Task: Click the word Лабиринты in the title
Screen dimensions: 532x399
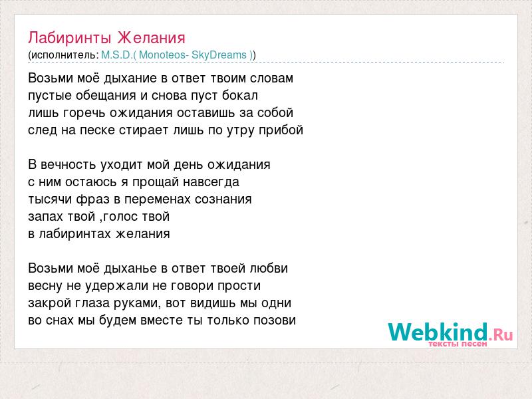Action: (70, 38)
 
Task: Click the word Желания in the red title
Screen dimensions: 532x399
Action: (152, 37)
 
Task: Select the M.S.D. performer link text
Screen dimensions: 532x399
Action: (116, 55)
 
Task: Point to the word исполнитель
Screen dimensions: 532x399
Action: (63, 55)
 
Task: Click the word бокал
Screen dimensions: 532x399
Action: (240, 95)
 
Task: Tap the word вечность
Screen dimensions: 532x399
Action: (68, 165)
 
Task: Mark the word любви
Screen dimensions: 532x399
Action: (269, 268)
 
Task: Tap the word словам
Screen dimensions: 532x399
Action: (271, 78)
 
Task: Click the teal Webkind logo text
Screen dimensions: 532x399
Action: (438, 332)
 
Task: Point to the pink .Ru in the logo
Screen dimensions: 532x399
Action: (501, 335)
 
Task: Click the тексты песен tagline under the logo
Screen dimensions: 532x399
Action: (458, 344)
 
